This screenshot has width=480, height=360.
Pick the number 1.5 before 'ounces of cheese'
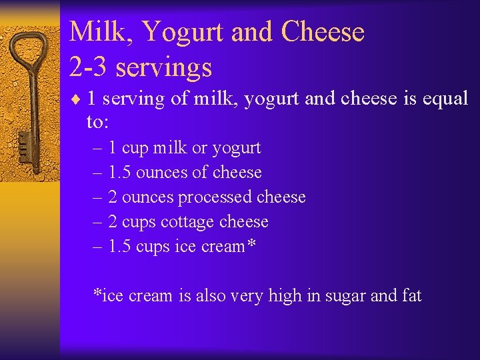point(119,173)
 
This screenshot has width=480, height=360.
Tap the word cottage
point(187,222)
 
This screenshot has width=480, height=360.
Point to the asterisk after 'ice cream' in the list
point(251,245)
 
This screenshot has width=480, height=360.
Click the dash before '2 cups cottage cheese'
point(98,222)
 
